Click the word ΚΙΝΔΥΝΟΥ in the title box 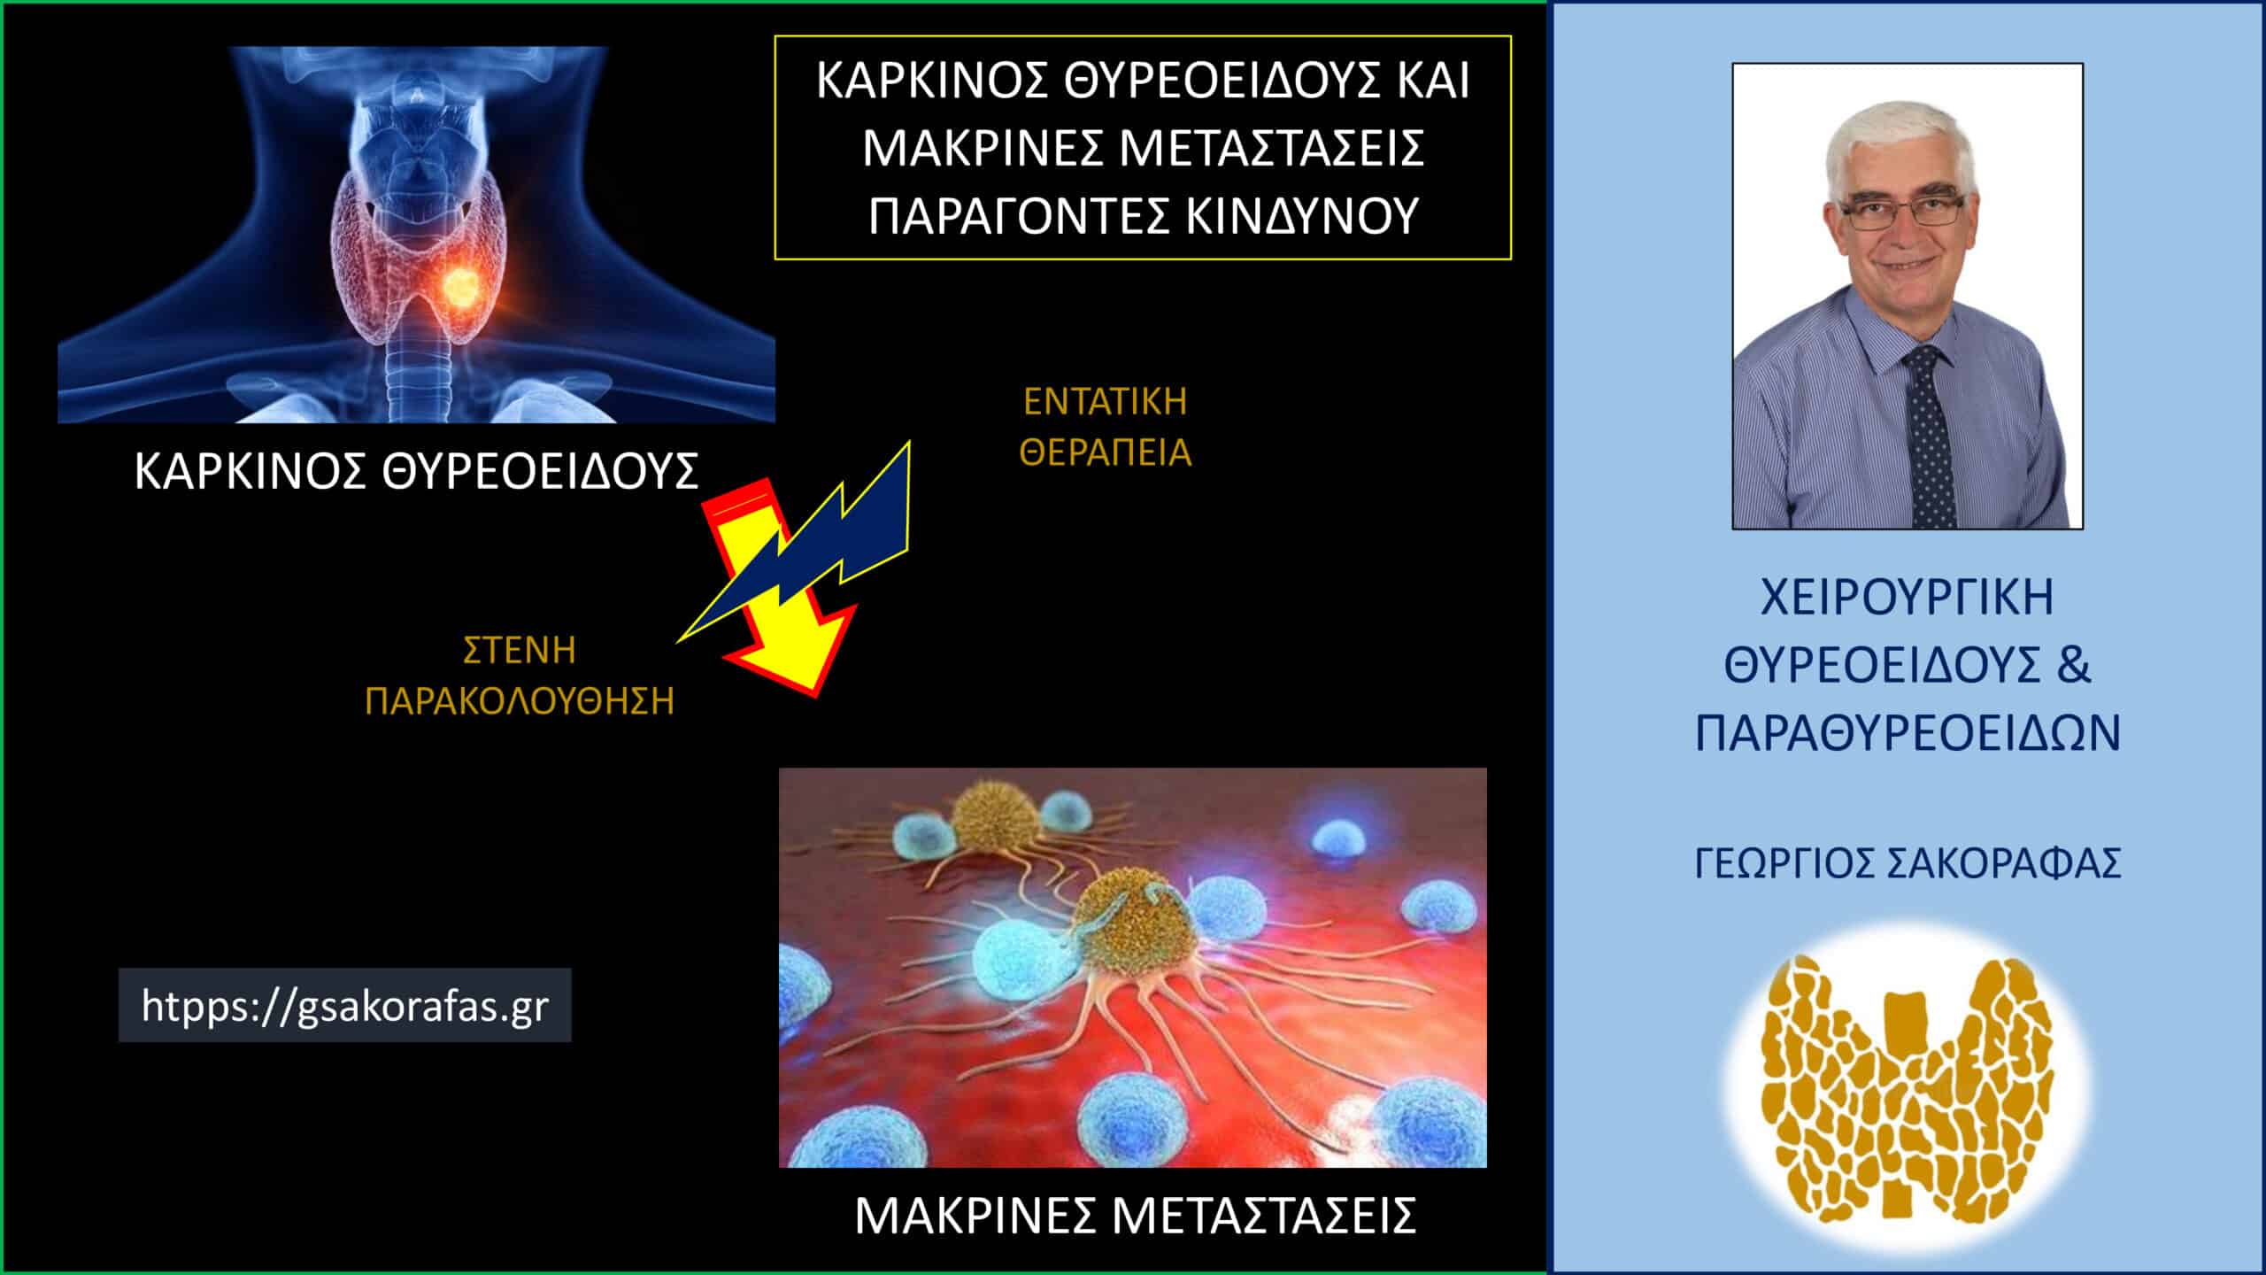click(x=1303, y=216)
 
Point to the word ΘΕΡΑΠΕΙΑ click(x=1105, y=453)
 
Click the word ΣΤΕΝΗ click(x=520, y=651)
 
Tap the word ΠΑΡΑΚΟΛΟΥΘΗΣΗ click(x=520, y=701)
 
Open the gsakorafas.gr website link click(x=344, y=1006)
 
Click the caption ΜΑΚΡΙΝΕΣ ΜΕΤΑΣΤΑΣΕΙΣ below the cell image click(x=1135, y=1217)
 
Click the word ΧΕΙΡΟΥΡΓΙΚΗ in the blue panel click(x=1907, y=598)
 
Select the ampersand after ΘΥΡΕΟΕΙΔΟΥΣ click(x=2073, y=666)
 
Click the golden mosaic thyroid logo click(x=1907, y=1085)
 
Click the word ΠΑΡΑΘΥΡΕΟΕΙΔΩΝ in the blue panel click(x=1907, y=734)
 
